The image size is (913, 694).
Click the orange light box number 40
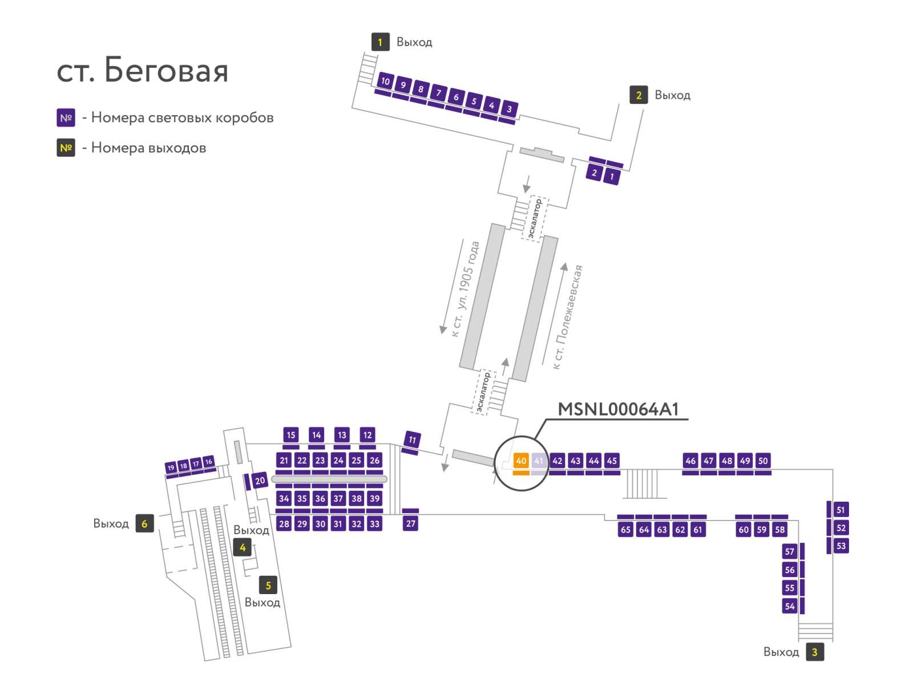point(520,461)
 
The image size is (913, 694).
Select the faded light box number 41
point(539,461)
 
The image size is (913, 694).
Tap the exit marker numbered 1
point(380,42)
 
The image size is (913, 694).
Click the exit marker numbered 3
point(814,652)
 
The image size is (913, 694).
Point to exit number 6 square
point(144,523)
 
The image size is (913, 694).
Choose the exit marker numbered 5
point(268,586)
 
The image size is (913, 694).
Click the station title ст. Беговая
point(142,70)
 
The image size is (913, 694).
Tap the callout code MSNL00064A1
point(617,409)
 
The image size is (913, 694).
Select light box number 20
point(260,481)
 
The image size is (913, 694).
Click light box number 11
point(412,439)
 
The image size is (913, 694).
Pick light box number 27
point(410,523)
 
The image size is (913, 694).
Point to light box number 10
point(386,81)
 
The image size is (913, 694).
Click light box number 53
point(841,546)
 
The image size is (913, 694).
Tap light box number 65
point(625,529)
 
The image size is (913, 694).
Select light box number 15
point(291,435)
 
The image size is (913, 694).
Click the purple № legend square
point(66,118)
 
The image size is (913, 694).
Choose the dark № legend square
point(66,148)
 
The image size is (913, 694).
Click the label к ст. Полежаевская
point(567,317)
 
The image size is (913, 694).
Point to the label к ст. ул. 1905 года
point(465,289)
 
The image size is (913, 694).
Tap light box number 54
point(790,606)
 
